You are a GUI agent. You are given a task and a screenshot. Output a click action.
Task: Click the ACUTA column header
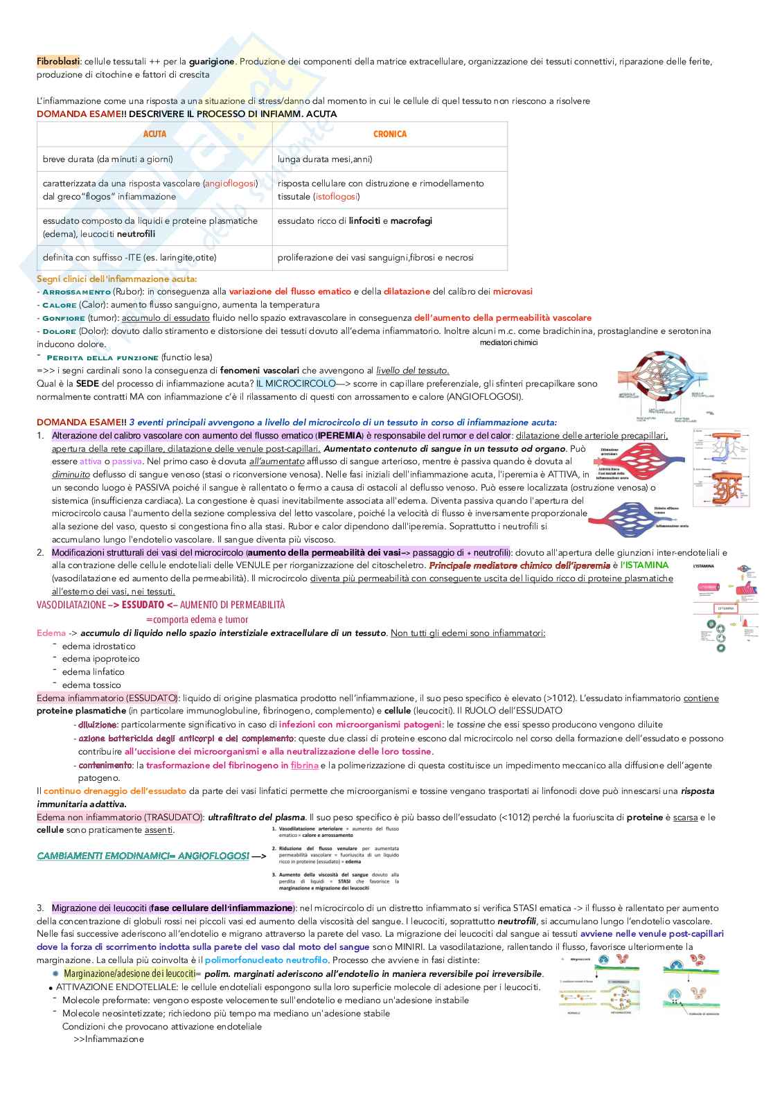(154, 134)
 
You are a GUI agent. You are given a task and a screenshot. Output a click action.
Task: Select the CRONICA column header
(390, 134)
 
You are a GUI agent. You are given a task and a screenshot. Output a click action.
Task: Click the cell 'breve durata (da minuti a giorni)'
(107, 159)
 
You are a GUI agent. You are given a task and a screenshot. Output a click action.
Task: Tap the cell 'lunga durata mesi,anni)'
(325, 159)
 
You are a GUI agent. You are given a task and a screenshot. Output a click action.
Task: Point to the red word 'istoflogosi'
(336, 197)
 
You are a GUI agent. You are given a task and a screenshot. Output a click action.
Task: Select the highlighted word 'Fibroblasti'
(58, 62)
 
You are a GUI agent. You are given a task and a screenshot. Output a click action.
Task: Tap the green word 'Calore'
(59, 305)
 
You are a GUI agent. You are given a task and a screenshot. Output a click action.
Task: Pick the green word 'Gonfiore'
(64, 318)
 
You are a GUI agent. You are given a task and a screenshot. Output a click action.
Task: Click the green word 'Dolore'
(59, 331)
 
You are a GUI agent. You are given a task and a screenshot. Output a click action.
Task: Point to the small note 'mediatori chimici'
(508, 342)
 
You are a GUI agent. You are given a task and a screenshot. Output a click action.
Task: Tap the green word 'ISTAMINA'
(645, 565)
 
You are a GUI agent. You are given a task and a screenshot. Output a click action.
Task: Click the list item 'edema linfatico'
(94, 671)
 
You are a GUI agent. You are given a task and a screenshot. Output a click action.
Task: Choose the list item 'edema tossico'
(91, 685)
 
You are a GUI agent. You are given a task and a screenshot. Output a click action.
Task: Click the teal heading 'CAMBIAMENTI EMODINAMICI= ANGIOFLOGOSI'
(143, 856)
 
